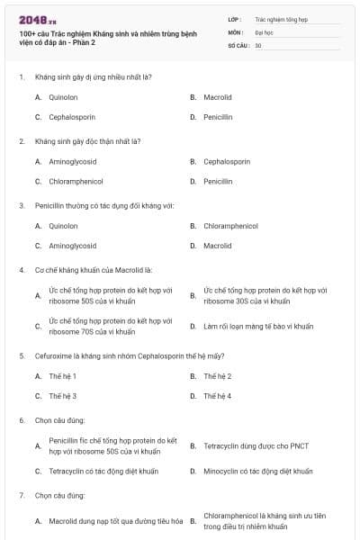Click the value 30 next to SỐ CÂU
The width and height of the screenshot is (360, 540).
(258, 45)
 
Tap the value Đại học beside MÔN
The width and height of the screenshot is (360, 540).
(264, 31)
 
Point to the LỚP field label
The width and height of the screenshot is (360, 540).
(234, 18)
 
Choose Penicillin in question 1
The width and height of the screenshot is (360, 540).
(218, 117)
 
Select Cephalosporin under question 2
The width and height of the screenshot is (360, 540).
(227, 161)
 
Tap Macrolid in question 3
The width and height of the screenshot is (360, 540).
(218, 246)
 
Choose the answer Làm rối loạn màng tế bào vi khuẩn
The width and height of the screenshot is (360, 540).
(258, 327)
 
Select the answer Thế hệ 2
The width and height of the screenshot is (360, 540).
(218, 375)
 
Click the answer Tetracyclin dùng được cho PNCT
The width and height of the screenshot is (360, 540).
(256, 445)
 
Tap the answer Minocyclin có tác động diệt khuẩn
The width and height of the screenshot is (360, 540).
(258, 471)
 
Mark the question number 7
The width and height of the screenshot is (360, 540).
(21, 496)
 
